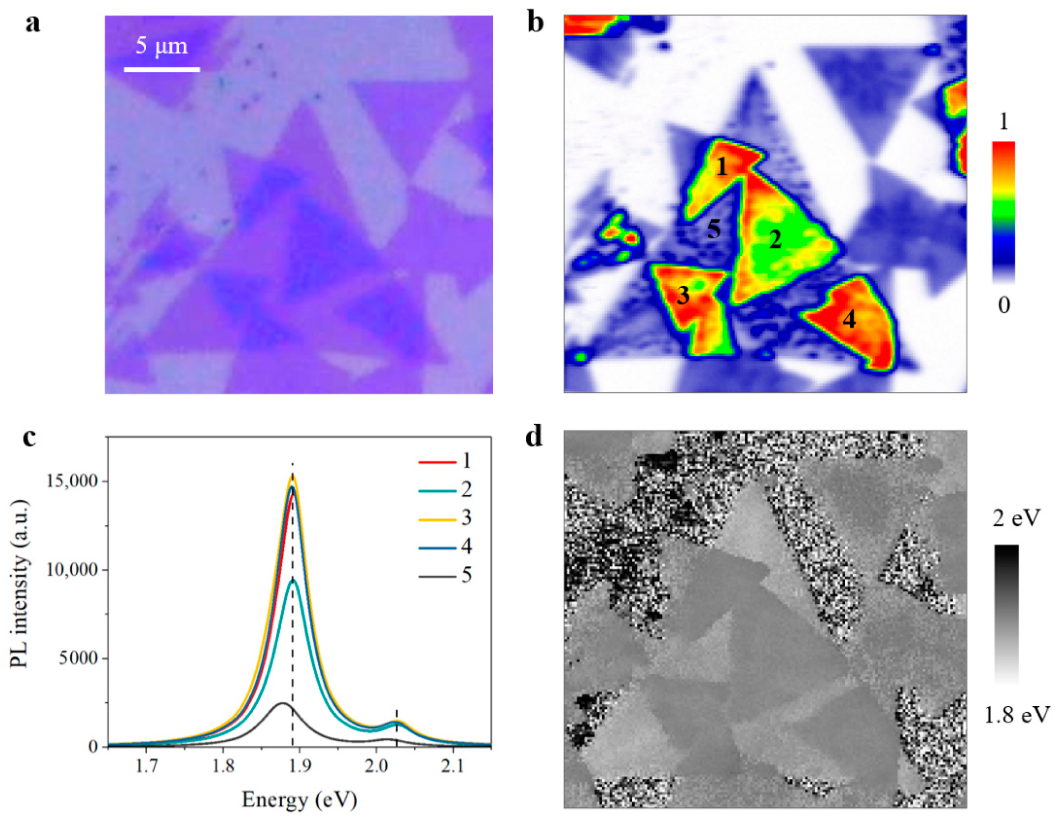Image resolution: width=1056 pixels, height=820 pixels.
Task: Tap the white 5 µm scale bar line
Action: (162, 70)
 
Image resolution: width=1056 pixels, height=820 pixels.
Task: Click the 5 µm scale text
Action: (161, 47)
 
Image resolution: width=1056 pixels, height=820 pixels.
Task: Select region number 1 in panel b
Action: (721, 168)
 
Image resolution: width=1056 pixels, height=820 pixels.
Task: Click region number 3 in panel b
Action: (683, 296)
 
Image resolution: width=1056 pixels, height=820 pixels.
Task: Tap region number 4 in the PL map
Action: (849, 320)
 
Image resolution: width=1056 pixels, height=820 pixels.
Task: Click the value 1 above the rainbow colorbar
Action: (1003, 123)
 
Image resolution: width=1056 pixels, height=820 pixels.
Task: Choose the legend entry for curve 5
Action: (445, 576)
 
